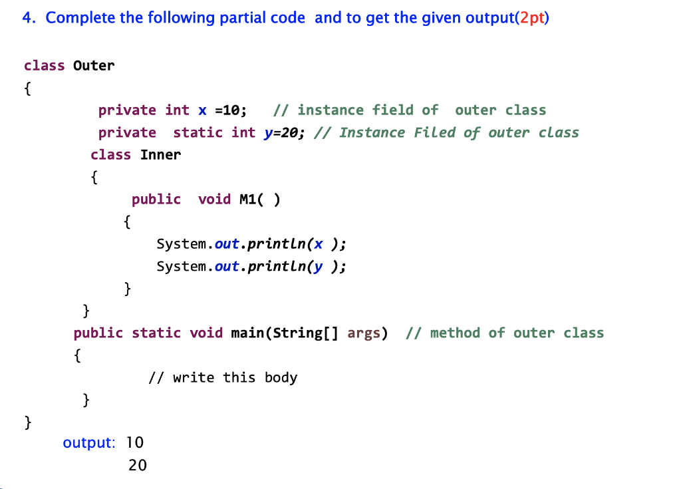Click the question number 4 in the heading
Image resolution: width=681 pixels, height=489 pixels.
click(x=27, y=17)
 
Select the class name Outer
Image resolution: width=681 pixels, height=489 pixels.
click(x=94, y=65)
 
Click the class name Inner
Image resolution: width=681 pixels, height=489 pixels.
click(x=160, y=154)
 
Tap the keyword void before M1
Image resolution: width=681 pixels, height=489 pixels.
click(x=214, y=199)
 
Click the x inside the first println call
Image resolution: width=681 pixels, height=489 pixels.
click(x=319, y=244)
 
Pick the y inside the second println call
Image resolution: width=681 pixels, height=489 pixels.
click(x=319, y=266)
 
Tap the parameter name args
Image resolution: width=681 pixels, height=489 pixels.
click(x=364, y=333)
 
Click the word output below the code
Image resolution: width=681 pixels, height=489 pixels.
click(x=88, y=442)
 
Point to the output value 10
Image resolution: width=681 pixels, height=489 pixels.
click(x=135, y=442)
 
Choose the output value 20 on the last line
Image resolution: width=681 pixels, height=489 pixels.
click(x=138, y=465)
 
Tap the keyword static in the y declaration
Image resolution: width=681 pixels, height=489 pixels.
click(x=198, y=132)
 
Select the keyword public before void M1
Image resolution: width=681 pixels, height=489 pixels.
click(x=156, y=199)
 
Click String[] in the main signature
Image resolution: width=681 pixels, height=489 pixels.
click(x=302, y=333)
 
